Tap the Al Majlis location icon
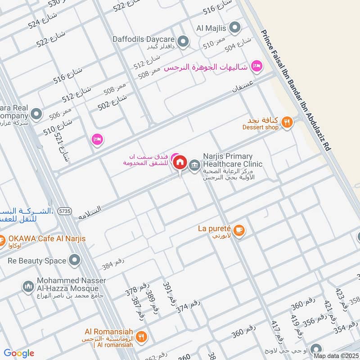click(x=234, y=28)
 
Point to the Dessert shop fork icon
click(x=287, y=121)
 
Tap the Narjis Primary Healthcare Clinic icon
click(x=194, y=164)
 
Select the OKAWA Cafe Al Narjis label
click(x=47, y=238)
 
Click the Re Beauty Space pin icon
click(x=74, y=260)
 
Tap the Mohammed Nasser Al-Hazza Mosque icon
click(x=28, y=286)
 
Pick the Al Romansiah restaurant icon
click(x=141, y=336)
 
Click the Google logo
click(x=19, y=353)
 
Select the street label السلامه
click(x=90, y=211)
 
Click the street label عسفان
click(x=243, y=85)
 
